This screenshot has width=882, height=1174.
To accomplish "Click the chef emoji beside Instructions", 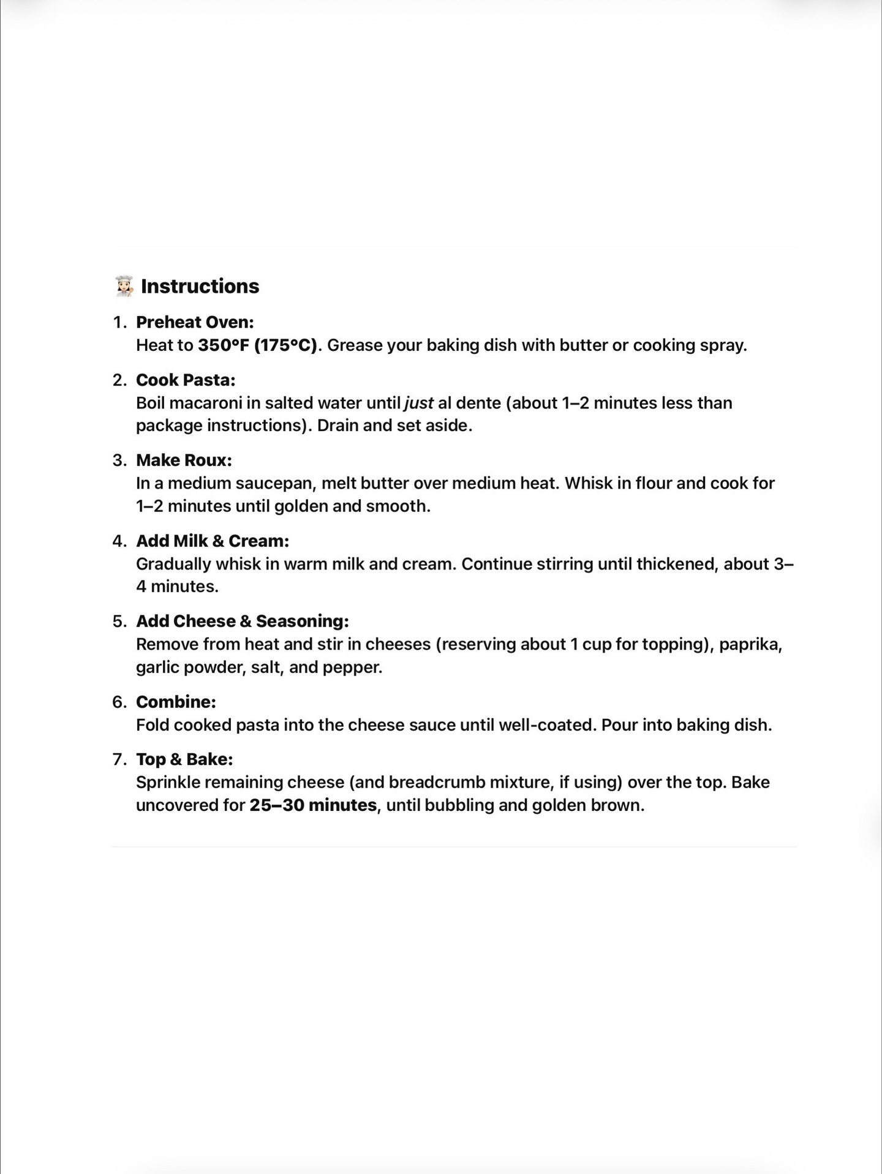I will [124, 286].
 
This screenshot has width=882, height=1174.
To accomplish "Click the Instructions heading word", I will [200, 286].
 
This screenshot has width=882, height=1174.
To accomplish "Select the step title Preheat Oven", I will [194, 322].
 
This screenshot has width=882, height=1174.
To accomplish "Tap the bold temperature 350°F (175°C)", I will [257, 345].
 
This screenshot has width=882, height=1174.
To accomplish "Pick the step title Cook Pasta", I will [185, 380].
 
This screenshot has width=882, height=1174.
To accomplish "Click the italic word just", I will [419, 403].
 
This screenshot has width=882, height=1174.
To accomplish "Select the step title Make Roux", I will [184, 460].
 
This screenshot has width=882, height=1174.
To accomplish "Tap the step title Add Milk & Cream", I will [212, 541].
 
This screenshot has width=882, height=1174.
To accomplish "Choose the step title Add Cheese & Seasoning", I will [242, 621].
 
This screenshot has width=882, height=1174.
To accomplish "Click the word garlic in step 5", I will [157, 667].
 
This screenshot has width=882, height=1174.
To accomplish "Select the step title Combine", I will [176, 702].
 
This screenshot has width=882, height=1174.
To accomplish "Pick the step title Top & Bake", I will [184, 759].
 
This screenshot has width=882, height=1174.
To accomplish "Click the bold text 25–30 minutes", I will [312, 805].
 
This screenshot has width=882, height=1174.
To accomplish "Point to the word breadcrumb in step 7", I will [436, 782].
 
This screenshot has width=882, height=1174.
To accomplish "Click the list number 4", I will [119, 541].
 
